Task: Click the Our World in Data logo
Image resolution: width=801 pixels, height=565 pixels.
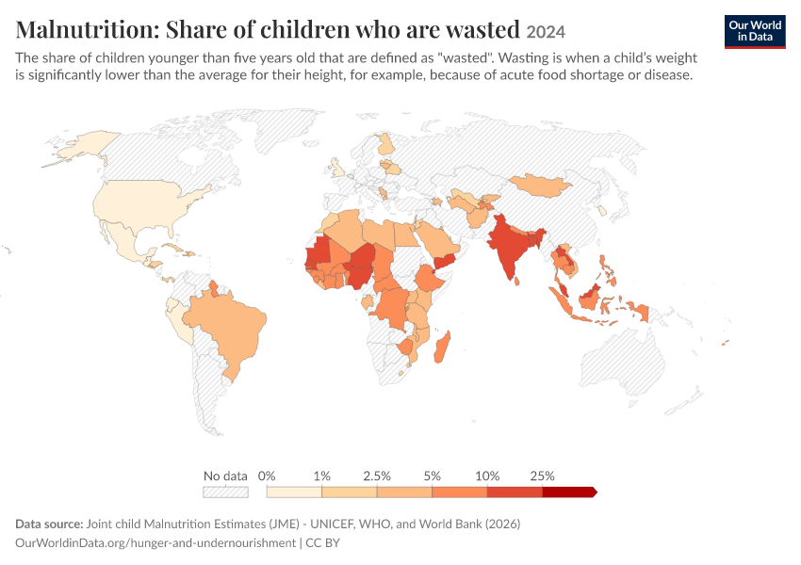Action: pos(755,32)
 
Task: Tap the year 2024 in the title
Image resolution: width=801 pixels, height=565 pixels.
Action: pos(546,32)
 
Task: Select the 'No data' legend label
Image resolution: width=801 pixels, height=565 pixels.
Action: pos(225,476)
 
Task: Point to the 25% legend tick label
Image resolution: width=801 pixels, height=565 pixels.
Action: pos(542,476)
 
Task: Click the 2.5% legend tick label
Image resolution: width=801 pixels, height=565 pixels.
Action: pos(377,476)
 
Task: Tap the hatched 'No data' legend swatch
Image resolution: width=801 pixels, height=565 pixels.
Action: pos(226,492)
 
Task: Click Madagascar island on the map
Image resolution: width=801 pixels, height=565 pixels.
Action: pos(442,347)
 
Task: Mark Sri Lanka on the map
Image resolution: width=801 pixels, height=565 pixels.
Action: pos(517,281)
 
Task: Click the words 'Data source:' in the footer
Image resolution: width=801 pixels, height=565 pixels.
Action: pos(49,525)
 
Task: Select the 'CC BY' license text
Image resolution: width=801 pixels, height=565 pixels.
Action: pos(323,542)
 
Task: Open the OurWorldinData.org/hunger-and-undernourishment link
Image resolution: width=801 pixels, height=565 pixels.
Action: pos(155,543)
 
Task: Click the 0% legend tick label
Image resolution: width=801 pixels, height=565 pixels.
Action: pos(267,476)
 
